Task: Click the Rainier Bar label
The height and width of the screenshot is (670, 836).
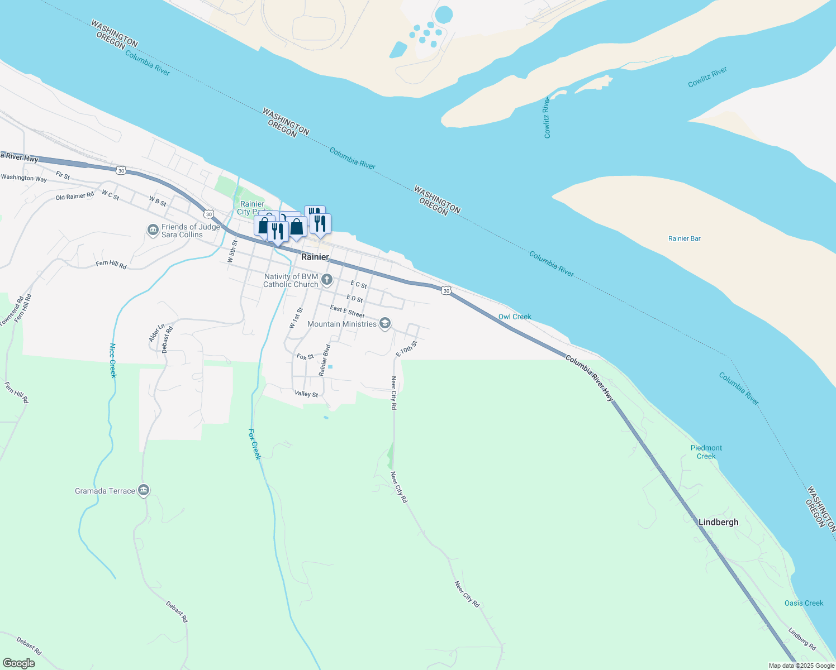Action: (x=684, y=238)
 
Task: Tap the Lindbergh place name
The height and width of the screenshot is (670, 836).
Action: (x=718, y=522)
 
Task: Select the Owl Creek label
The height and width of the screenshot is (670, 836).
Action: (x=514, y=317)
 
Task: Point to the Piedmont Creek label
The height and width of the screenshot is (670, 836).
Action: (x=706, y=452)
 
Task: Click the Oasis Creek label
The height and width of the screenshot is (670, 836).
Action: (x=804, y=603)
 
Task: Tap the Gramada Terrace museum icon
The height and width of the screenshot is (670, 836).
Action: (x=144, y=490)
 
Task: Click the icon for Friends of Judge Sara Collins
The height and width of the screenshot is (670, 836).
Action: (x=153, y=230)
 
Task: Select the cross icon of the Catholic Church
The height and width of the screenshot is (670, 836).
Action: (x=327, y=279)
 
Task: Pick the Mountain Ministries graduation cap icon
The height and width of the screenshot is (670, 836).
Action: (x=384, y=324)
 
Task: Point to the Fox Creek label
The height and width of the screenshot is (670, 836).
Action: (x=254, y=444)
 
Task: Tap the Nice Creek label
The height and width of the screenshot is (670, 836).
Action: (x=112, y=361)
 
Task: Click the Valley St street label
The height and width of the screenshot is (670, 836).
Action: (x=306, y=394)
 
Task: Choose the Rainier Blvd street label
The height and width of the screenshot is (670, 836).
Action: (x=325, y=360)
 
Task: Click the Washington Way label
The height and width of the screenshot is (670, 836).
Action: (x=24, y=178)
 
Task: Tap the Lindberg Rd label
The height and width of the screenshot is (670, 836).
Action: (x=802, y=639)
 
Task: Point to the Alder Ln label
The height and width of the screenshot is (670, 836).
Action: (x=156, y=333)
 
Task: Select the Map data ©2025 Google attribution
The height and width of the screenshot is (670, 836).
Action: (x=801, y=666)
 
